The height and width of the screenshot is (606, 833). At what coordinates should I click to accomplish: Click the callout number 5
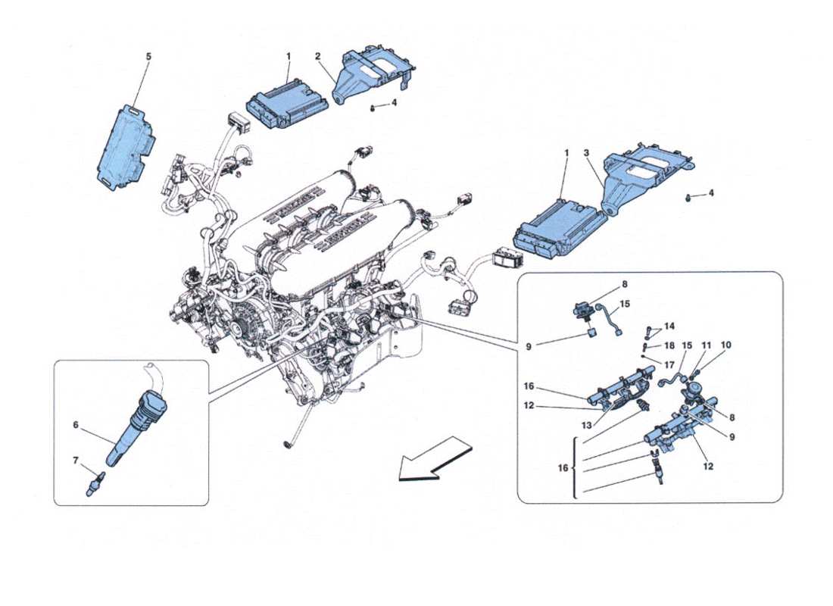click(148, 56)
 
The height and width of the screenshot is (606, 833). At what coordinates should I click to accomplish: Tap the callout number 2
click(318, 56)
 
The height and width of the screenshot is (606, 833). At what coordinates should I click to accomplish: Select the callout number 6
click(76, 426)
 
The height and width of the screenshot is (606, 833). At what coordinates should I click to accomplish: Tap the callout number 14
click(668, 326)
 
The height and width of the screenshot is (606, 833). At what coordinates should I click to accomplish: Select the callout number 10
click(727, 345)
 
